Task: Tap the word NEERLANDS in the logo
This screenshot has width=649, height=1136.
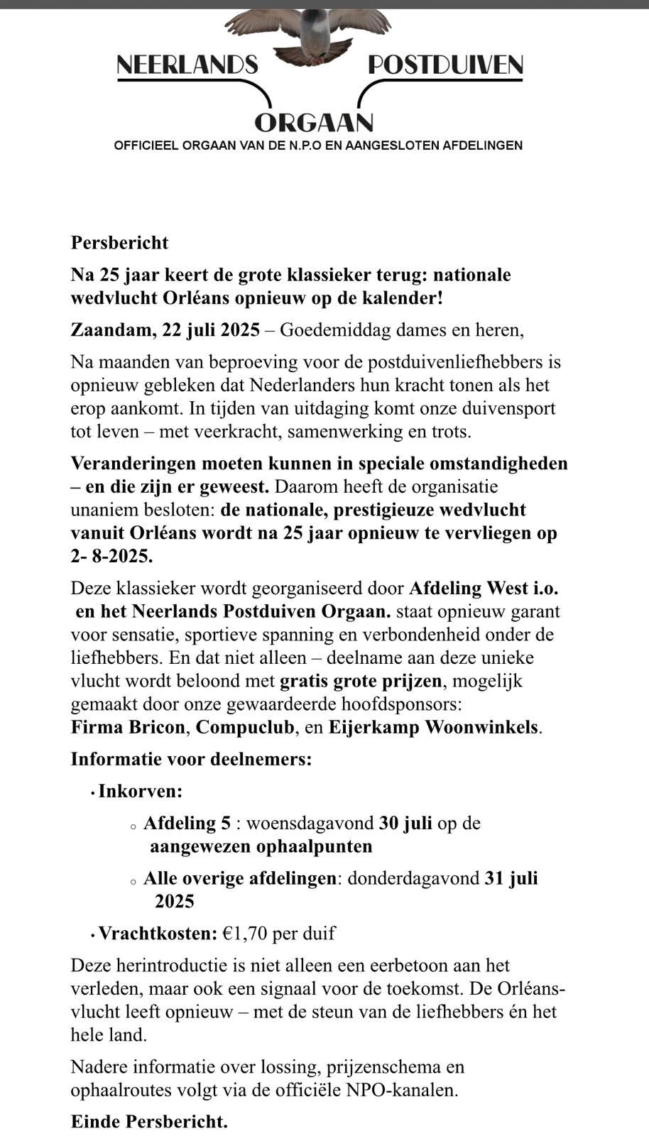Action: [x=187, y=66]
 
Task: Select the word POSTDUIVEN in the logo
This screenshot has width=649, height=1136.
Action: [x=445, y=66]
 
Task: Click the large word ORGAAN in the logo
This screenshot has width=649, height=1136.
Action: [x=314, y=123]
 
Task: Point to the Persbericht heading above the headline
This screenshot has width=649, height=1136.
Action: [x=119, y=243]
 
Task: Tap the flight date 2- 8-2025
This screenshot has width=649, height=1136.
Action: [x=111, y=556]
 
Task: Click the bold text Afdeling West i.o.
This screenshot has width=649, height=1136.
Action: [x=489, y=589]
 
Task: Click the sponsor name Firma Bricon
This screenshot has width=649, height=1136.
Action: [x=129, y=728]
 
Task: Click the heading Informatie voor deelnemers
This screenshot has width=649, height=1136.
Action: [x=191, y=759]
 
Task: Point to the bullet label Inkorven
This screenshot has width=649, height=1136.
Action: [x=140, y=791]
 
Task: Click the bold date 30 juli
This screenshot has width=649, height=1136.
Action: [x=405, y=823]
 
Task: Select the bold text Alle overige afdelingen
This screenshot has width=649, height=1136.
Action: [x=239, y=878]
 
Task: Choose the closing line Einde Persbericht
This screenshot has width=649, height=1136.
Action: [x=149, y=1122]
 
